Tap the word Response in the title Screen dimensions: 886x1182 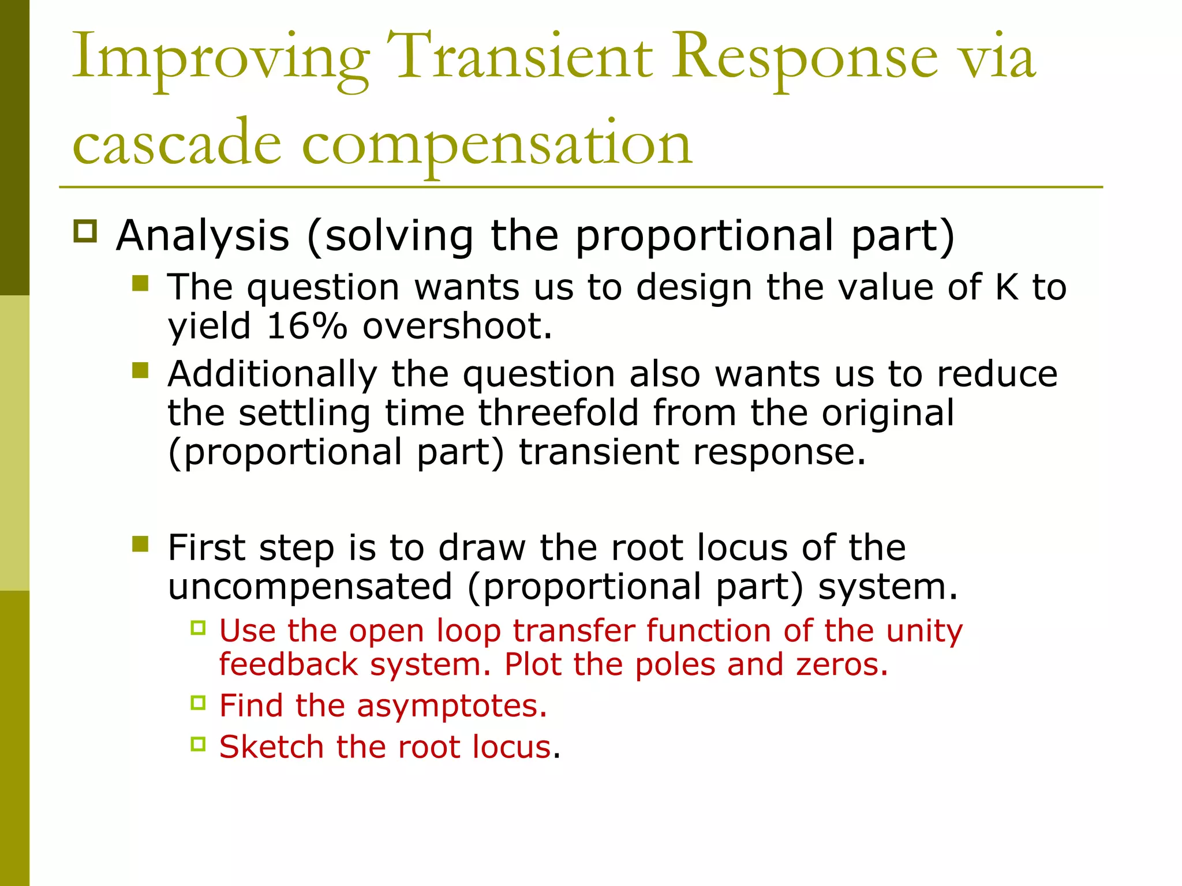click(805, 58)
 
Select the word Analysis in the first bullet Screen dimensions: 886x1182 click(203, 236)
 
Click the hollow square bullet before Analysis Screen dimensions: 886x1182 click(85, 232)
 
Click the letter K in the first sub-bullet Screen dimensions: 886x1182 click(1007, 287)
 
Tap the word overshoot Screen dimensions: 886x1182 click(457, 326)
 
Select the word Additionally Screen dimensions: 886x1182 click(272, 374)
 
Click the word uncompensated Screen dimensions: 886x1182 click(310, 587)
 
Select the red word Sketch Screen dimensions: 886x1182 click(271, 747)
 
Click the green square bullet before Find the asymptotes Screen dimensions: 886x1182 click(198, 703)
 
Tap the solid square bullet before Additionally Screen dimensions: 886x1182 click(140, 370)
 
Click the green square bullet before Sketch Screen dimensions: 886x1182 click(198, 744)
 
